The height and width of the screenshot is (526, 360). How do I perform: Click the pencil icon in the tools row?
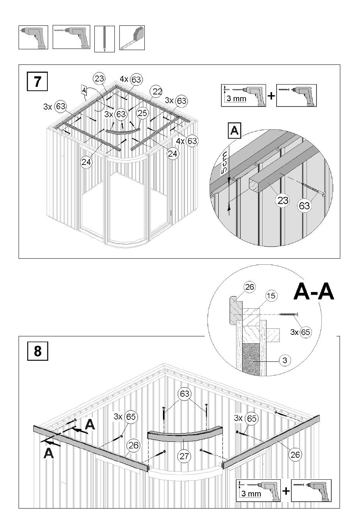(x=105, y=39)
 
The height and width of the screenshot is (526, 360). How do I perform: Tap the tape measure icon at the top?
(x=132, y=38)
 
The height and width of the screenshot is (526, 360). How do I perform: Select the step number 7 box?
(x=37, y=81)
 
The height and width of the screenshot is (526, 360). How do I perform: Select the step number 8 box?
(x=38, y=351)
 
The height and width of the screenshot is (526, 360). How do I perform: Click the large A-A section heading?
(x=313, y=292)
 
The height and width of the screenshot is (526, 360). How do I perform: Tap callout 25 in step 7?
(x=142, y=113)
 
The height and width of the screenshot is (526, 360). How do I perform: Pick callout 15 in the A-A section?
(x=271, y=296)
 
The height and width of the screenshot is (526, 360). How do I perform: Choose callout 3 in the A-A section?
(x=285, y=360)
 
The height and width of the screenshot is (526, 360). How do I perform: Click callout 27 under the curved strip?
(x=184, y=456)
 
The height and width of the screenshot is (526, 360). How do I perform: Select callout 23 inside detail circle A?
(x=283, y=200)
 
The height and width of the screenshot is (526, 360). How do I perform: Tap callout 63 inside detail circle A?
(x=304, y=206)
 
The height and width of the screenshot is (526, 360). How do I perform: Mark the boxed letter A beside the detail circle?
(x=235, y=130)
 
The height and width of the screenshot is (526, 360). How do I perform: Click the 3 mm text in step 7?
(x=236, y=98)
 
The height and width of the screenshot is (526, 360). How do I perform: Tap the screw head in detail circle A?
(x=324, y=194)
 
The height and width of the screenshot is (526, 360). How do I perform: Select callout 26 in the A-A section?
(x=249, y=287)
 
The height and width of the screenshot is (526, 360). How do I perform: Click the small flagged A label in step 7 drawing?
(x=84, y=89)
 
